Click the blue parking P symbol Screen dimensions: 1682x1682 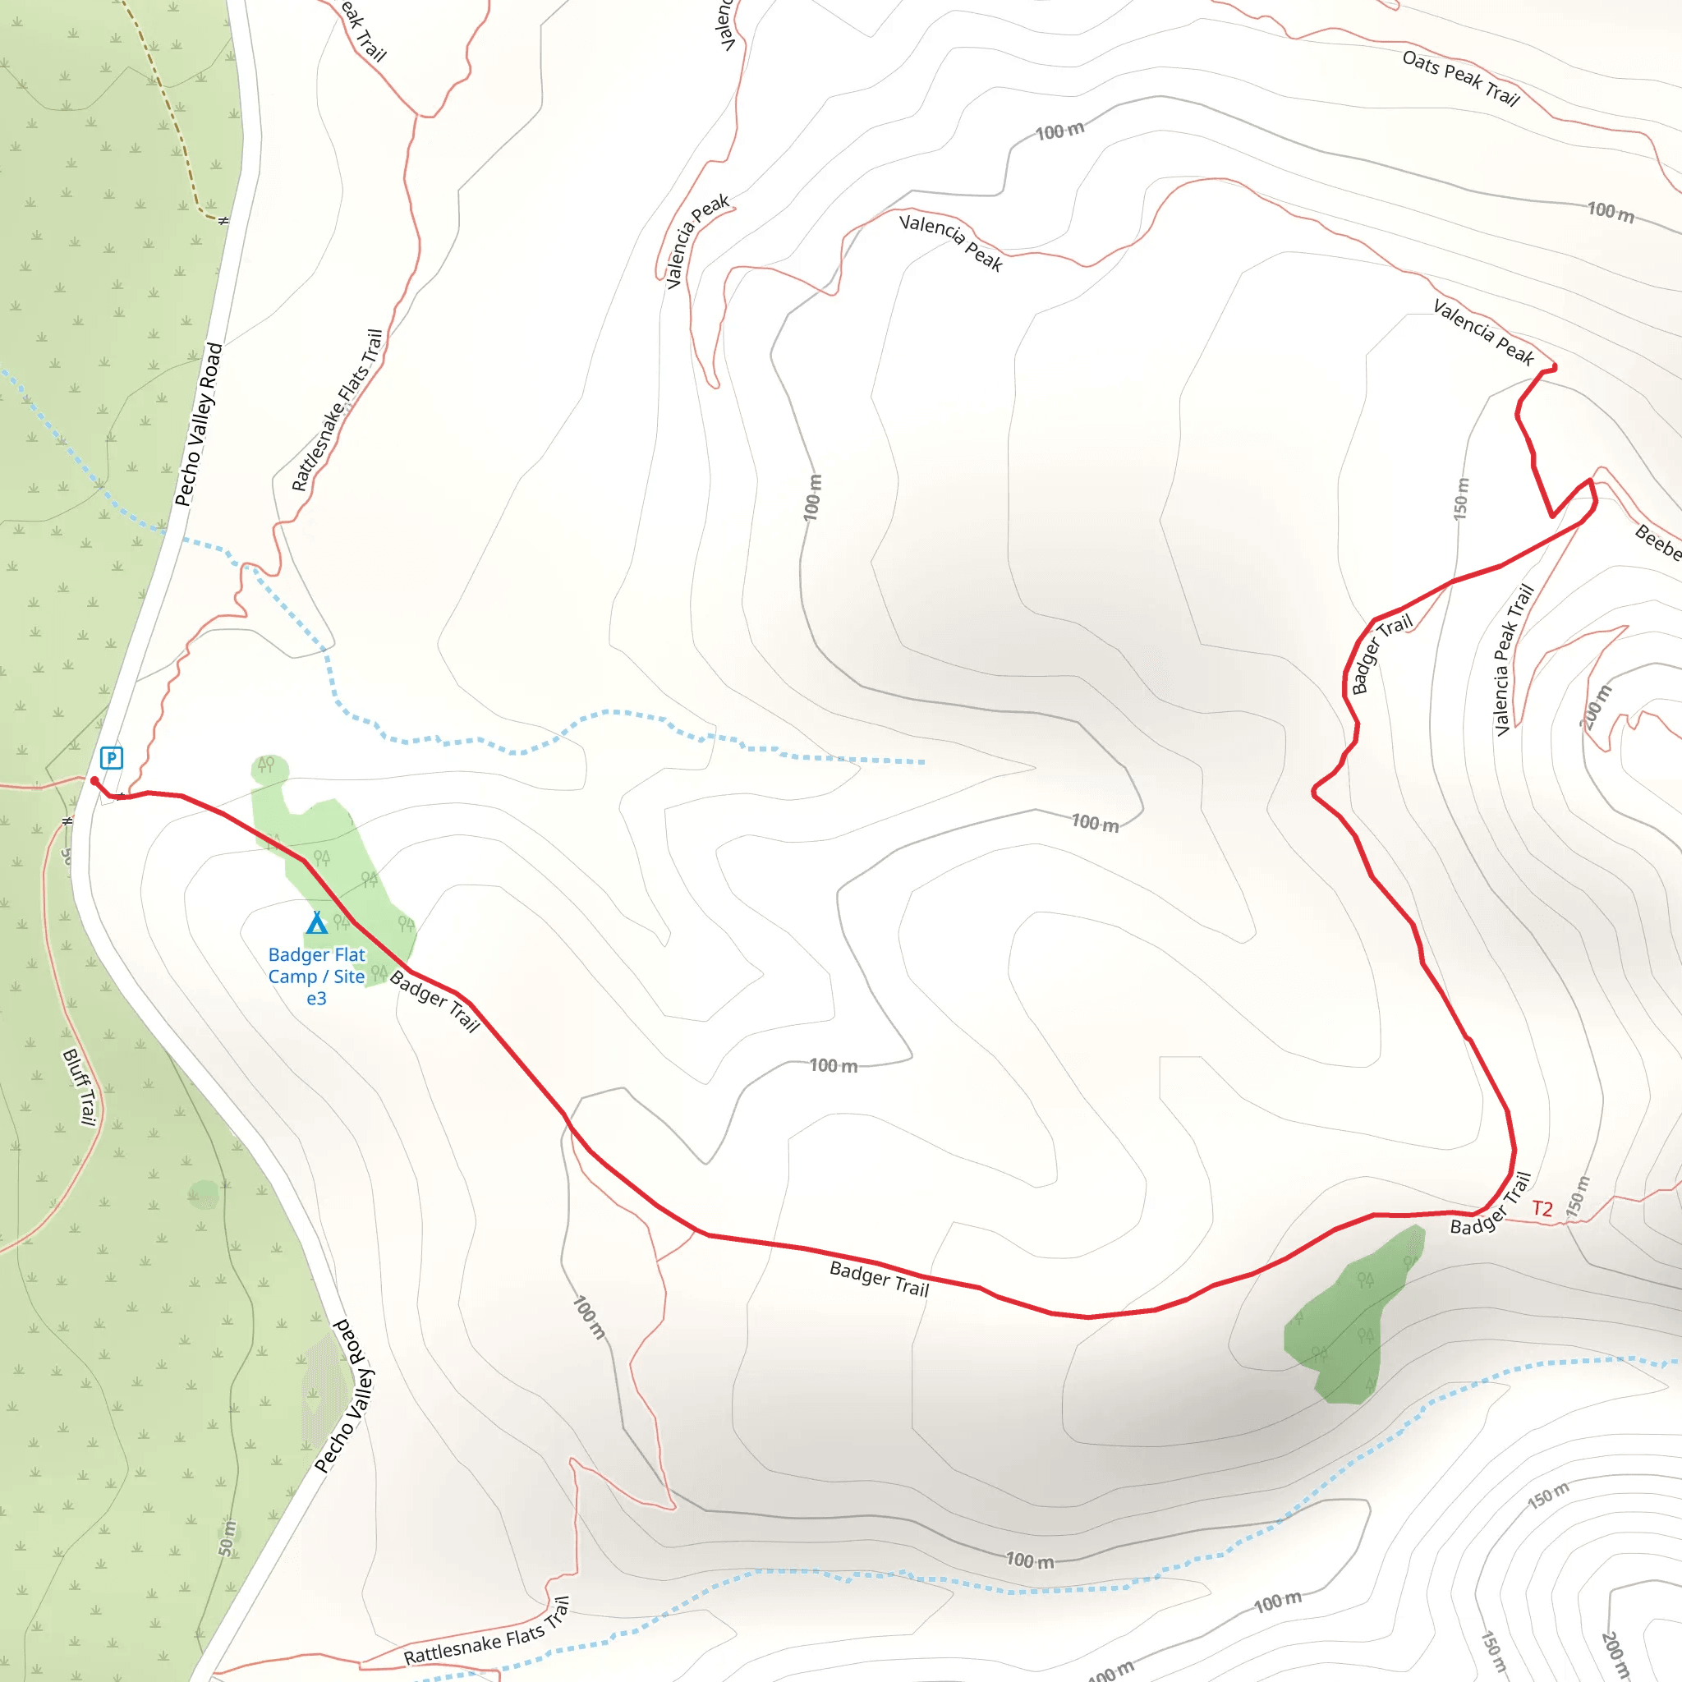pos(112,757)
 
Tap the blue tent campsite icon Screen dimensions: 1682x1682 pos(317,922)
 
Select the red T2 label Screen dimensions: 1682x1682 pos(1542,1208)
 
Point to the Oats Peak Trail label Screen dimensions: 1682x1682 pos(1460,78)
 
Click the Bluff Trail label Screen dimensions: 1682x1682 pos(79,1087)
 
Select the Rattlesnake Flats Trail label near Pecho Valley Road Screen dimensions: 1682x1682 pos(337,409)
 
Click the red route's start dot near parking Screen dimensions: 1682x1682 pos(94,781)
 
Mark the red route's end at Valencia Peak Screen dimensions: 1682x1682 pos(1554,367)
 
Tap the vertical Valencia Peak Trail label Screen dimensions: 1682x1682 pos(1513,660)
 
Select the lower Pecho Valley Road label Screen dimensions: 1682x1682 pos(343,1395)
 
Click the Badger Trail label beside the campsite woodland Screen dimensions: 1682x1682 pos(434,1000)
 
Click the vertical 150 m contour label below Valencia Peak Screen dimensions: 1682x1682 pos(1461,499)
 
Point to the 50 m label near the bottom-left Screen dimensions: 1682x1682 pos(227,1538)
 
